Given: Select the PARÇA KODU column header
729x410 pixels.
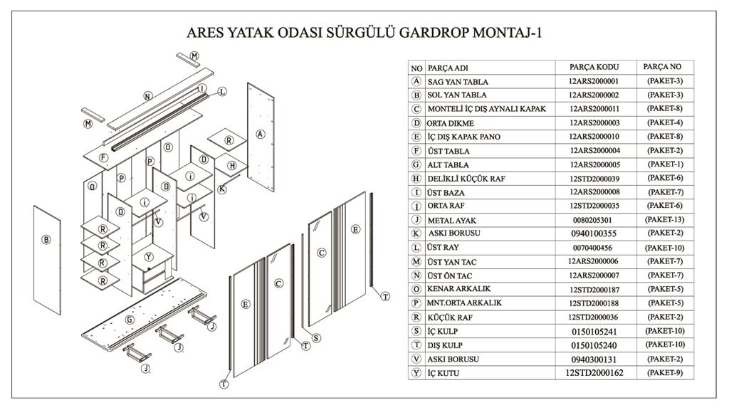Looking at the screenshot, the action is pos(594,68).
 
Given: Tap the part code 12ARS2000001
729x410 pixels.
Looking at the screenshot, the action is pos(594,81).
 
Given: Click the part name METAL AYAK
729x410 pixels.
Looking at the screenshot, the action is pos(451,221).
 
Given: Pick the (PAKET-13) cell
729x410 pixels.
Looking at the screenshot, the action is pos(664,219).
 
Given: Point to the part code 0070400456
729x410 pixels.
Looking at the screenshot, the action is pos(592,248).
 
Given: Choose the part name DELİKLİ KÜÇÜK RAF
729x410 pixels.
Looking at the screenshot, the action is pos(466,179).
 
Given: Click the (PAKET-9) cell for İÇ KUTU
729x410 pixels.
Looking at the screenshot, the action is pos(664,373).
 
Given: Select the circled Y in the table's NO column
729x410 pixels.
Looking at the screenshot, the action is pos(416,373).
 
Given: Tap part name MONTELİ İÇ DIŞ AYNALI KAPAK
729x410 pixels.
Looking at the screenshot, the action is pos(486,109).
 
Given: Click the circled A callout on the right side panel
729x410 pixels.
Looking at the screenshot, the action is pos(261,134).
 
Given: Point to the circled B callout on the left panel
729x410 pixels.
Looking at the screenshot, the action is pos(46,240).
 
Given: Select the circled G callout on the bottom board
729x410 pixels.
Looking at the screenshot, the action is pos(130,320).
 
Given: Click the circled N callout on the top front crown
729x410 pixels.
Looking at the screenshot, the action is pos(147,96).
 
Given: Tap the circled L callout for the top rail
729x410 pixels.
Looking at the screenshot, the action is pos(222,92).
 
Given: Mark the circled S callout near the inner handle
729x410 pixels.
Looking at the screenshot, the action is pos(315,338).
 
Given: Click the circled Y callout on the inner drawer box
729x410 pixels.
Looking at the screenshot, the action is pos(149,256).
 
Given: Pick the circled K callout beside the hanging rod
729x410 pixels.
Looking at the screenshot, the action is pos(222,189).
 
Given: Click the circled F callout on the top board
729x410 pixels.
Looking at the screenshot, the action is pos(103,157).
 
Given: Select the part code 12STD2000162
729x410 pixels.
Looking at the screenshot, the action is pos(594,373).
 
